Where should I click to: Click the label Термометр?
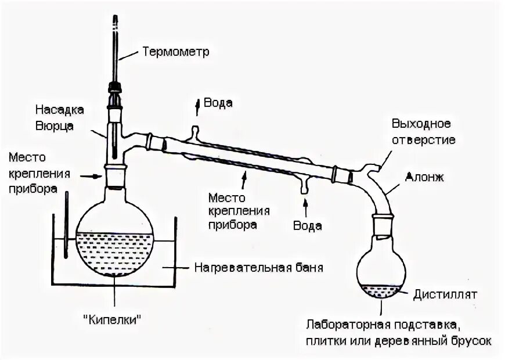pyautogui.click(x=175, y=52)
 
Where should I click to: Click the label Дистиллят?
pyautogui.click(x=445, y=294)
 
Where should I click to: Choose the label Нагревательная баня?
pyautogui.click(x=258, y=268)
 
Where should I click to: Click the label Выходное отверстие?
pyautogui.click(x=423, y=132)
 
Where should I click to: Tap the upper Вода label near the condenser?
pyautogui.click(x=218, y=103)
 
